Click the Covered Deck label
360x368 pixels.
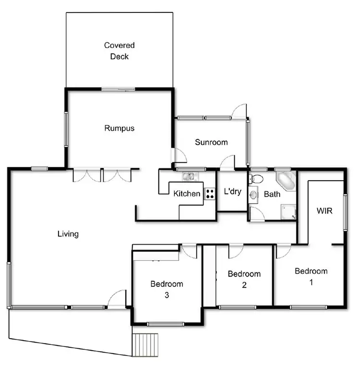coord(120,51)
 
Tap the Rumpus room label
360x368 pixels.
coord(119,128)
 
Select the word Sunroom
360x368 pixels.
coord(211,142)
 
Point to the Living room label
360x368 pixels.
coord(68,234)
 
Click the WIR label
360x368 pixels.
coord(325,210)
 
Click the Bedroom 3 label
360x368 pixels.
coord(166,289)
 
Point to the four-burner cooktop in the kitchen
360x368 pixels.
coord(210,194)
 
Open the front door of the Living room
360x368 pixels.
coord(117,299)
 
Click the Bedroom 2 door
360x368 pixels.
coord(235,251)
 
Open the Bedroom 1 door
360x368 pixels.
coord(283,250)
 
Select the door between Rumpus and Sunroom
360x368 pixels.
coord(179,156)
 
